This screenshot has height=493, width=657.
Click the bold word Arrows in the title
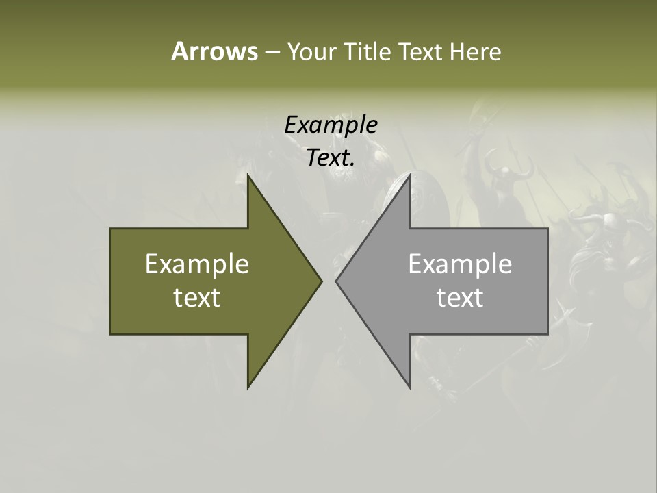pyautogui.click(x=214, y=51)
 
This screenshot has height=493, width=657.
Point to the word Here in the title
pyautogui.click(x=476, y=51)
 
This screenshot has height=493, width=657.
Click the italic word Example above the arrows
pyautogui.click(x=331, y=125)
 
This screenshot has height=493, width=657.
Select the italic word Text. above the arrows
pyautogui.click(x=331, y=157)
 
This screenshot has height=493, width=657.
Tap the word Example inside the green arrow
pyautogui.click(x=197, y=264)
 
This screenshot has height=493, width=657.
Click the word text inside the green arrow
pyautogui.click(x=197, y=297)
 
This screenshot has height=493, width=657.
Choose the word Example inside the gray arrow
pyautogui.click(x=460, y=264)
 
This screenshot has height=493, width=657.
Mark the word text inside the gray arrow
pyautogui.click(x=460, y=297)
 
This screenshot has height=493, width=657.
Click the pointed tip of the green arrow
pyautogui.click(x=321, y=281)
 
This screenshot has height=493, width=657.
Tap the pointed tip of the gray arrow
pyautogui.click(x=336, y=281)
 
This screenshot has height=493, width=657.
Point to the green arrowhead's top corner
pyautogui.click(x=248, y=175)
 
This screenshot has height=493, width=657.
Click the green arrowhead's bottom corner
pyautogui.click(x=248, y=388)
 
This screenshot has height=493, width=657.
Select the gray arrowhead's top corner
pyautogui.click(x=409, y=175)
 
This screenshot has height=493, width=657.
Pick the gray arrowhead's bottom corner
pyautogui.click(x=409, y=388)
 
